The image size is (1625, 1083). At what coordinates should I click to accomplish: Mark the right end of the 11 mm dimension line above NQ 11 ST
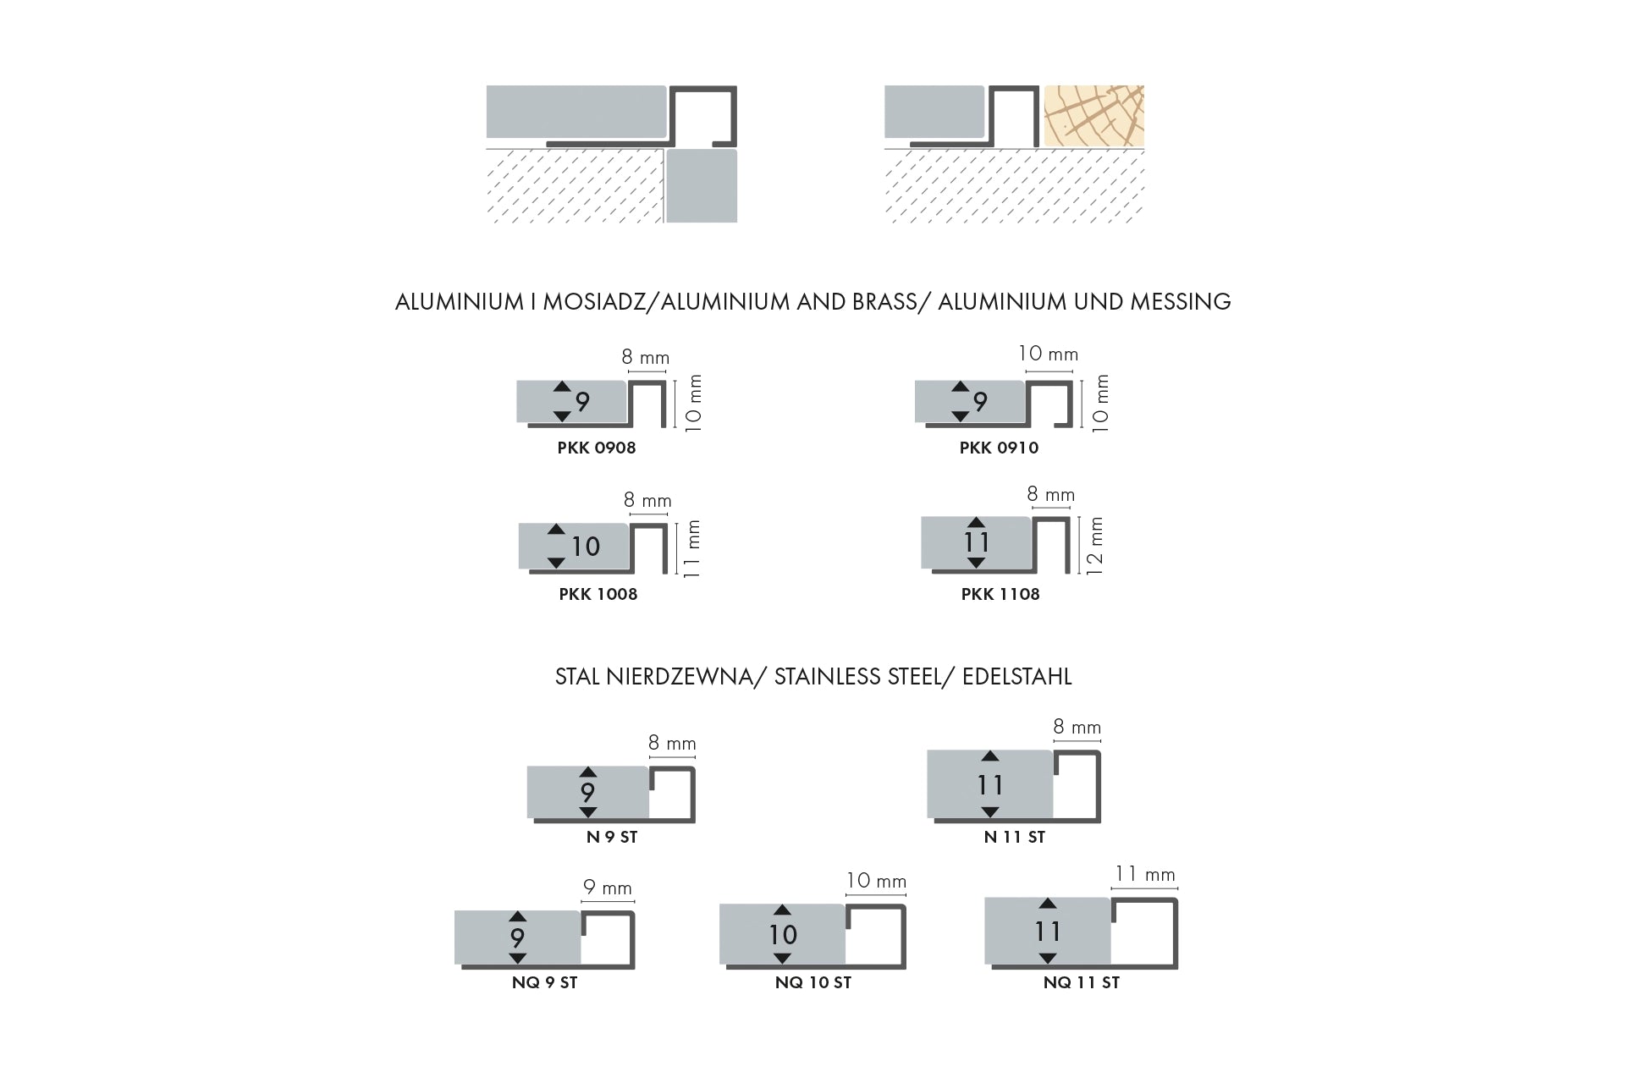1177,888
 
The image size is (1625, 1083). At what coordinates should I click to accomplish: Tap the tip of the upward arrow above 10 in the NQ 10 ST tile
782,906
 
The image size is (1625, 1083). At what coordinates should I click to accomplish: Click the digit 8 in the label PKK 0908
631,448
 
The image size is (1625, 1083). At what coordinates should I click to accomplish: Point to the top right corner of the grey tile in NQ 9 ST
581,911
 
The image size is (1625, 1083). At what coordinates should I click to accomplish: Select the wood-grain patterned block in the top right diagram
1094,116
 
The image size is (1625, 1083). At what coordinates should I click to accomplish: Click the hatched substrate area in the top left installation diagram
574,186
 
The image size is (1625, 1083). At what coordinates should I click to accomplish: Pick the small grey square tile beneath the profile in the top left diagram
702,186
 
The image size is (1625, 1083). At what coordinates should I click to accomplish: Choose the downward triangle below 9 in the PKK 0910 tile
960,416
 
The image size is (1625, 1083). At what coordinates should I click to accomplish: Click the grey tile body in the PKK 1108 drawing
976,542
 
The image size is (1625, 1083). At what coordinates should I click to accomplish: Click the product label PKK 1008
598,594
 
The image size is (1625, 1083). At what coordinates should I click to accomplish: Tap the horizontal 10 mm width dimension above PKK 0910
1048,355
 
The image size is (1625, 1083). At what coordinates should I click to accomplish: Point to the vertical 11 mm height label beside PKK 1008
692,548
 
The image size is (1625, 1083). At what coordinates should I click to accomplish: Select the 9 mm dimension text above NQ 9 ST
608,888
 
